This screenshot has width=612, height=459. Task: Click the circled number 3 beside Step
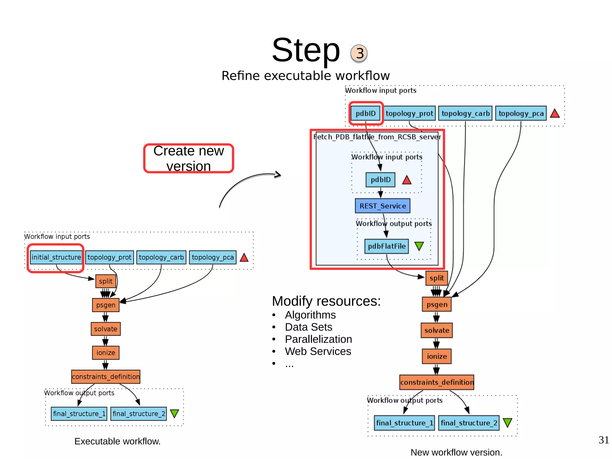click(x=359, y=54)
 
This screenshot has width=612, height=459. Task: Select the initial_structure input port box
click(x=56, y=257)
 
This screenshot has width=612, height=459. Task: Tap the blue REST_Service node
click(x=382, y=206)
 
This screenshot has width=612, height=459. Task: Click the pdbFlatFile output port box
click(x=387, y=246)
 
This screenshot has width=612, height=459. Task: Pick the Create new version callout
click(x=189, y=158)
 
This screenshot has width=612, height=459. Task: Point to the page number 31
click(x=604, y=440)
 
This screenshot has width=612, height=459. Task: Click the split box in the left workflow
click(x=105, y=281)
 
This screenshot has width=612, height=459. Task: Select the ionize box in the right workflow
click(x=437, y=356)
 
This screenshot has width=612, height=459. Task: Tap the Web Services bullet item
click(x=318, y=351)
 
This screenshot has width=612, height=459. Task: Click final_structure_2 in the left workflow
click(x=139, y=414)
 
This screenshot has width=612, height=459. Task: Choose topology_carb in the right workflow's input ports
click(x=465, y=113)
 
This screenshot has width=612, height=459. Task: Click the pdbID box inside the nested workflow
click(x=380, y=180)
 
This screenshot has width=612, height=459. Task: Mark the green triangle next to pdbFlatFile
click(x=419, y=246)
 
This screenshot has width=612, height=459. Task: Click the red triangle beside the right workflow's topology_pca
click(x=555, y=114)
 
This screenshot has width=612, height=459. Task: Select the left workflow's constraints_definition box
click(x=106, y=376)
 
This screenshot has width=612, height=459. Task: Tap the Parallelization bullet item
click(x=318, y=339)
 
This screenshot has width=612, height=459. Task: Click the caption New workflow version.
click(x=456, y=452)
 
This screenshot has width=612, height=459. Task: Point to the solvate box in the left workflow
click(x=105, y=329)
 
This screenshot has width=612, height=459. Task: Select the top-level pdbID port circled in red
click(x=365, y=113)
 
